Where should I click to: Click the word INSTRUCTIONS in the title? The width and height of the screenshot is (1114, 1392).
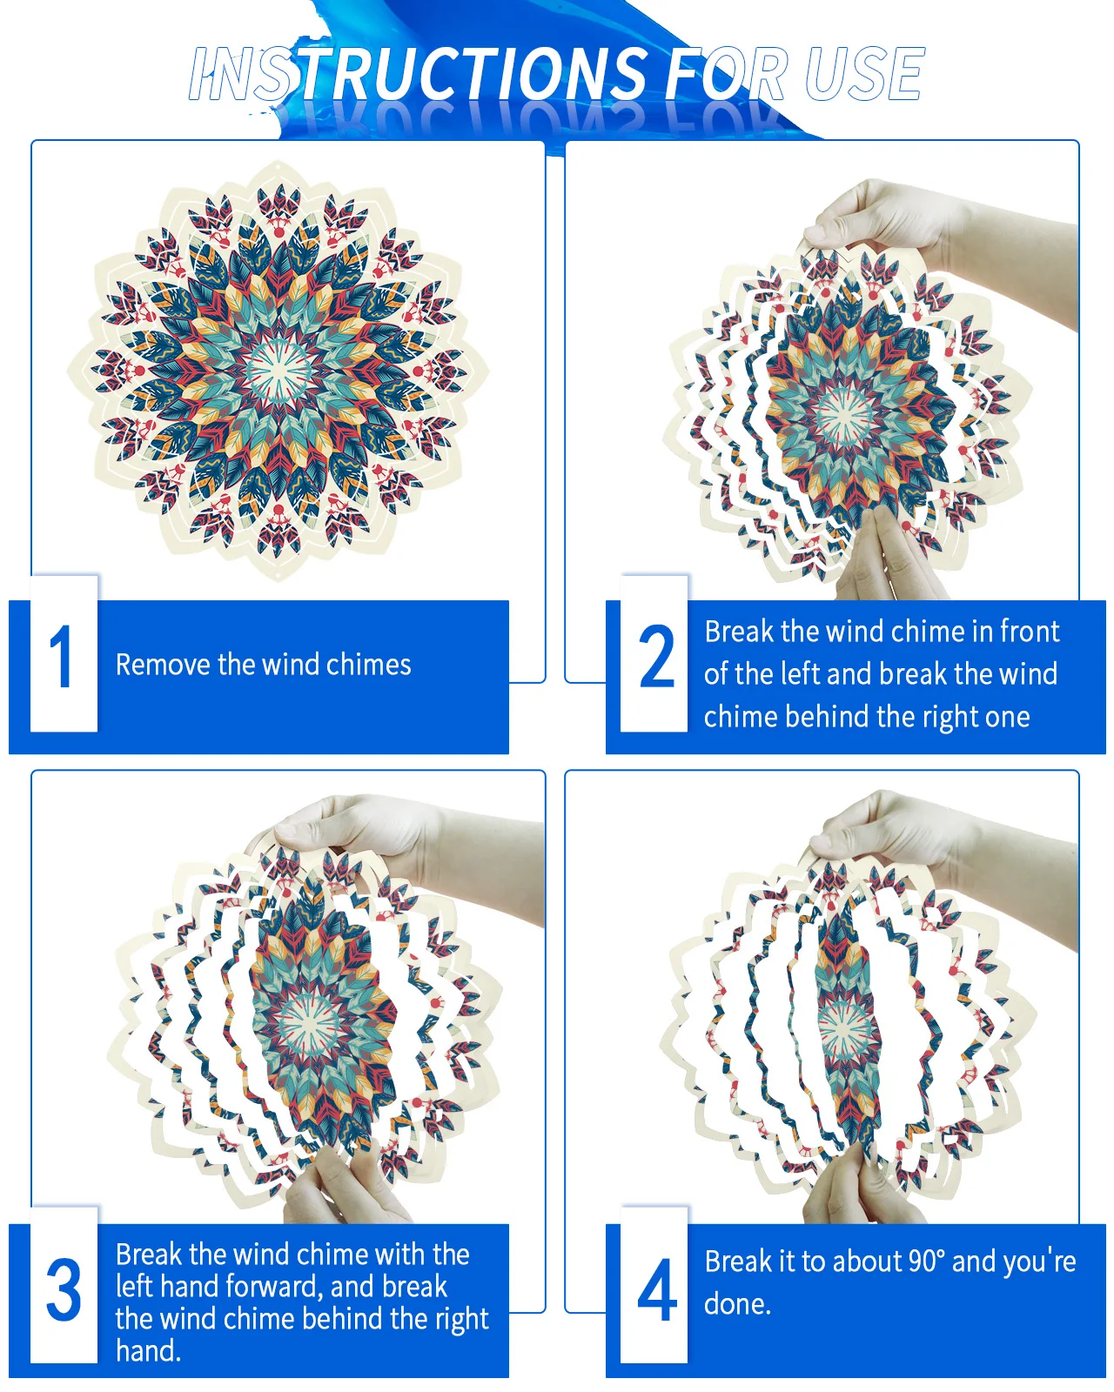[x=419, y=74]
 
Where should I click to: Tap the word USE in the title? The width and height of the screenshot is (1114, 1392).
[x=863, y=74]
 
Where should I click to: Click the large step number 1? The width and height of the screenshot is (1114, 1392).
[x=62, y=656]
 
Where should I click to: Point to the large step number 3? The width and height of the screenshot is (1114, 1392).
[x=64, y=1289]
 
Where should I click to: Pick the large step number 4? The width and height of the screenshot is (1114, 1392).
[x=657, y=1289]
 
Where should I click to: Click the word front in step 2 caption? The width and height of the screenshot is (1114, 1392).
[x=1030, y=631]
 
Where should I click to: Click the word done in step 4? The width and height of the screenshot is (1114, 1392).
[x=737, y=1304]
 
